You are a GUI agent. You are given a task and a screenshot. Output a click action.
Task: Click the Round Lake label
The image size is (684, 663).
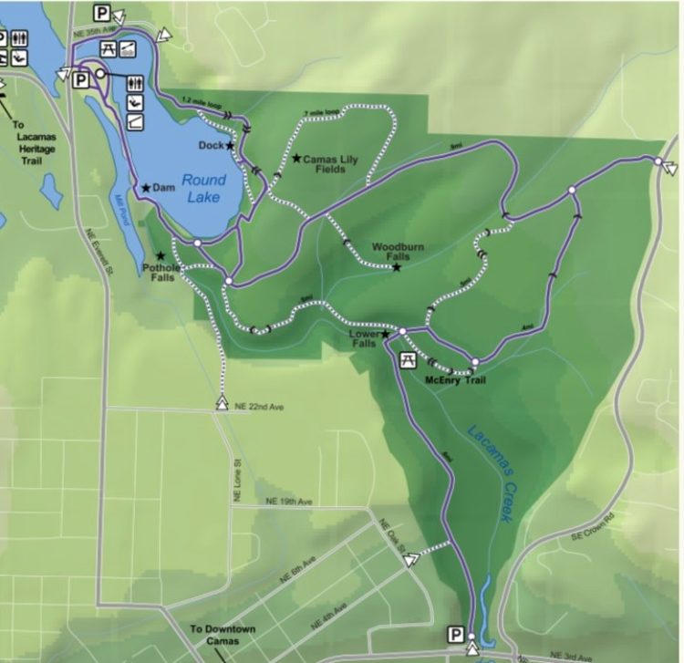click(203, 187)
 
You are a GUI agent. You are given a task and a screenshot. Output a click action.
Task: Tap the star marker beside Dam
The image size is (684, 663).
click(145, 188)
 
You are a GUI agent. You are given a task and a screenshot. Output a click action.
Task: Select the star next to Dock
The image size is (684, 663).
click(230, 145)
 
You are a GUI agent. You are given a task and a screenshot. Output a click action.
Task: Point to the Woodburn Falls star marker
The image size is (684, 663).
click(397, 267)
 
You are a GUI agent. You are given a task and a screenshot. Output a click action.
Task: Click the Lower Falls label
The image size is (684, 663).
click(363, 339)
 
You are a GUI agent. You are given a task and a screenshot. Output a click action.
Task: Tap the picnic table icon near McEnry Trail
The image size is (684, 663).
click(408, 359)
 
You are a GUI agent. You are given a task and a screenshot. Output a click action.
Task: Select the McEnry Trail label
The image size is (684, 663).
click(455, 380)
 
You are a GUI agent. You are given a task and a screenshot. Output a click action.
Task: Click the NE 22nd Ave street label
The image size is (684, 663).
click(259, 406)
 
